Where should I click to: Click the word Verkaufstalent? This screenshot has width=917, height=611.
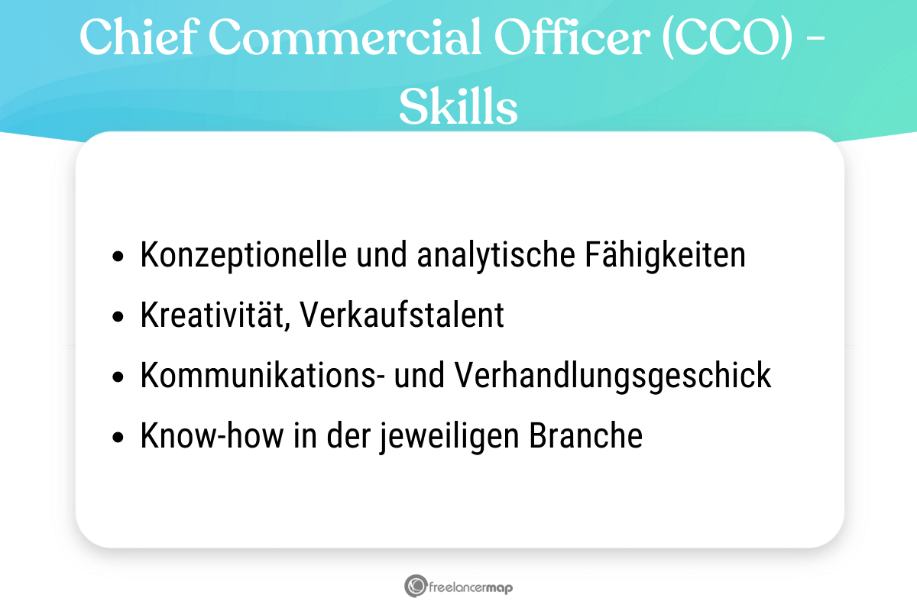402,315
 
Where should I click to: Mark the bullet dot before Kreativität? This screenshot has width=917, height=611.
117,318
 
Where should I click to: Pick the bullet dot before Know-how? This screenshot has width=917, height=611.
117,438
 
